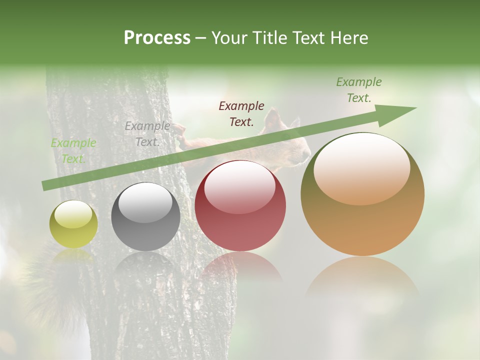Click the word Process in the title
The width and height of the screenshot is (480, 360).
click(x=157, y=38)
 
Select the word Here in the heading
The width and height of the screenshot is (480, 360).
click(x=349, y=38)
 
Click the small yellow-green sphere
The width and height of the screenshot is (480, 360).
click(x=73, y=224)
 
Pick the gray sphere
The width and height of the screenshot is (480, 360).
click(x=145, y=217)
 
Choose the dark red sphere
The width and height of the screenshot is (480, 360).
click(x=240, y=206)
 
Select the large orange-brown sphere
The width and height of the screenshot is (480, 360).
click(x=362, y=194)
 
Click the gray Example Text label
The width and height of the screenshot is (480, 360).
click(x=147, y=134)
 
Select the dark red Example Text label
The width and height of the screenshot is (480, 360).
click(x=241, y=113)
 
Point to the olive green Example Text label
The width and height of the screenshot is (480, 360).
click(x=358, y=90)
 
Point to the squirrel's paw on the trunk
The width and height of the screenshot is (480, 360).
click(x=179, y=131)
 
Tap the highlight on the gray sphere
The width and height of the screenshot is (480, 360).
click(x=145, y=202)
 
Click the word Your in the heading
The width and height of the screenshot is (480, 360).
click(x=230, y=38)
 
